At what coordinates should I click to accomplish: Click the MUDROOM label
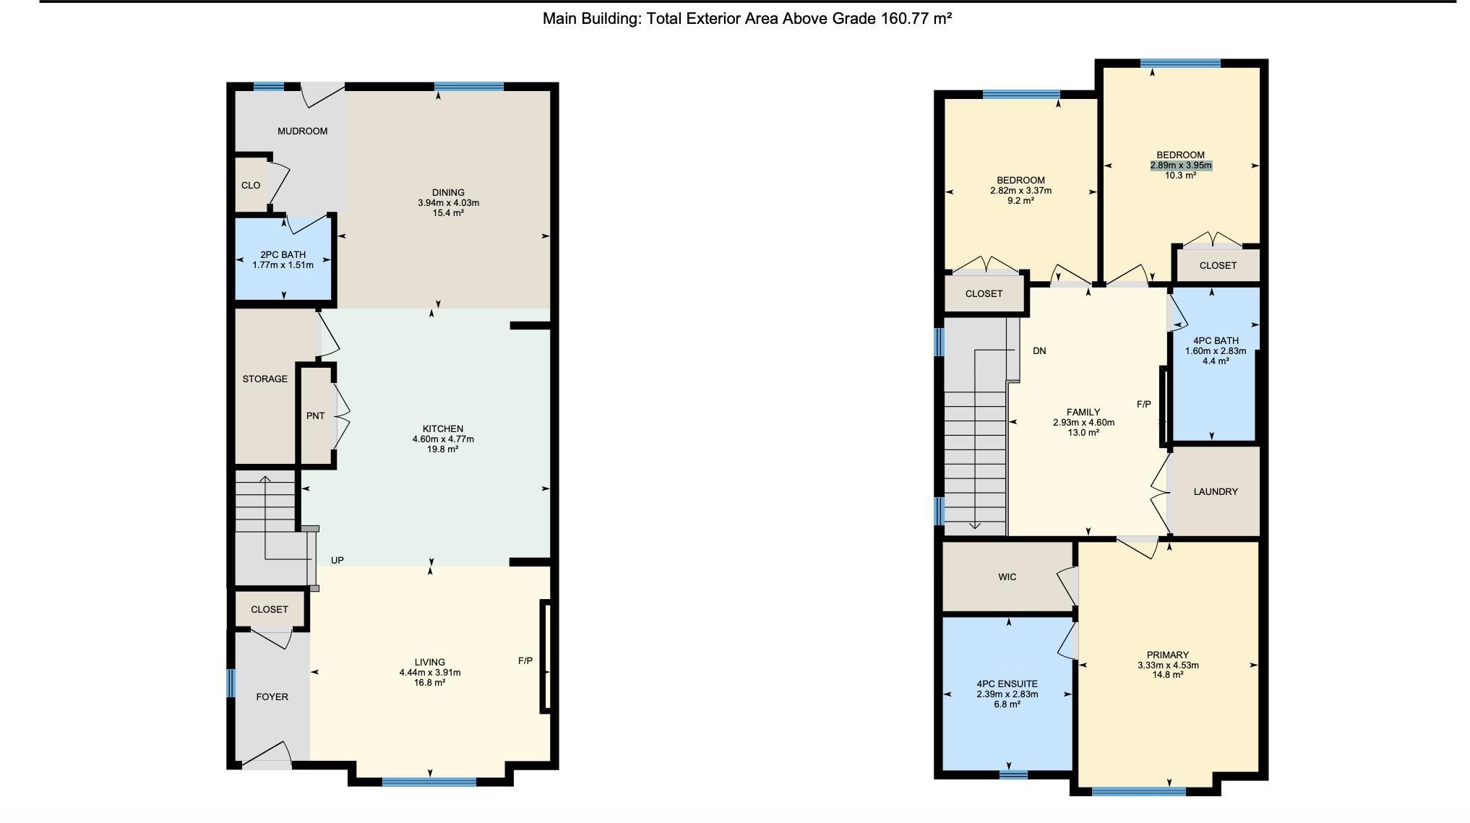tap(303, 131)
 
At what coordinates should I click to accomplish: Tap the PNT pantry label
tap(316, 415)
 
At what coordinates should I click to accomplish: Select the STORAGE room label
tap(265, 379)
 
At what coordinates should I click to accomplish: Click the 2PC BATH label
tap(283, 254)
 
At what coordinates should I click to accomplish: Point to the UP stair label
tap(338, 560)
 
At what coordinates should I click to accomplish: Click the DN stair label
tap(1039, 351)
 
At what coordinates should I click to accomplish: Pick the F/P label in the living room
tap(525, 661)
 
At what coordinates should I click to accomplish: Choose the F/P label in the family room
tap(1144, 405)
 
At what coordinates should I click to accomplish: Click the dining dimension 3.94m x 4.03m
tap(448, 203)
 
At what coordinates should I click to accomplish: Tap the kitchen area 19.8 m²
tap(443, 449)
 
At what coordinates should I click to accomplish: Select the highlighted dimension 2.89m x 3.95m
tap(1181, 165)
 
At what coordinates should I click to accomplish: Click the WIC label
tap(1007, 577)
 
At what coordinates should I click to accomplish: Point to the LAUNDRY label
tap(1216, 491)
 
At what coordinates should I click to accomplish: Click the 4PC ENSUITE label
tap(1007, 684)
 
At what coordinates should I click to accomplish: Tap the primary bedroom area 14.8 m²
tap(1168, 675)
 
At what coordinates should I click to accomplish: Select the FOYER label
tap(272, 697)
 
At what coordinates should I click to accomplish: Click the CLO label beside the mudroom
tap(251, 186)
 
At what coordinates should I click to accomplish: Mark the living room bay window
tap(429, 781)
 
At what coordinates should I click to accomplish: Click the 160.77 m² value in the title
tap(916, 19)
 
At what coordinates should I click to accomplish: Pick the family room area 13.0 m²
tap(1083, 433)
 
